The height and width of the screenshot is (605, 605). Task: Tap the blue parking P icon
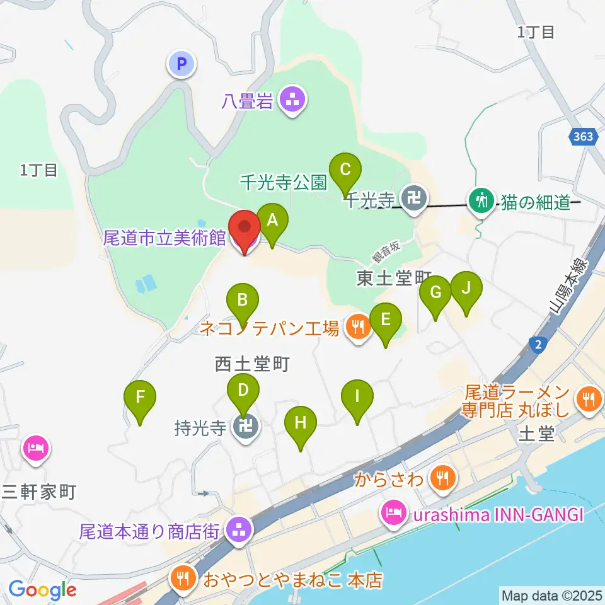tap(181, 63)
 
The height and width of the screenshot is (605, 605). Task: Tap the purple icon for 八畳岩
tap(293, 99)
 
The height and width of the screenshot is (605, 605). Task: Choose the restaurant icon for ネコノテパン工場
tap(357, 326)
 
